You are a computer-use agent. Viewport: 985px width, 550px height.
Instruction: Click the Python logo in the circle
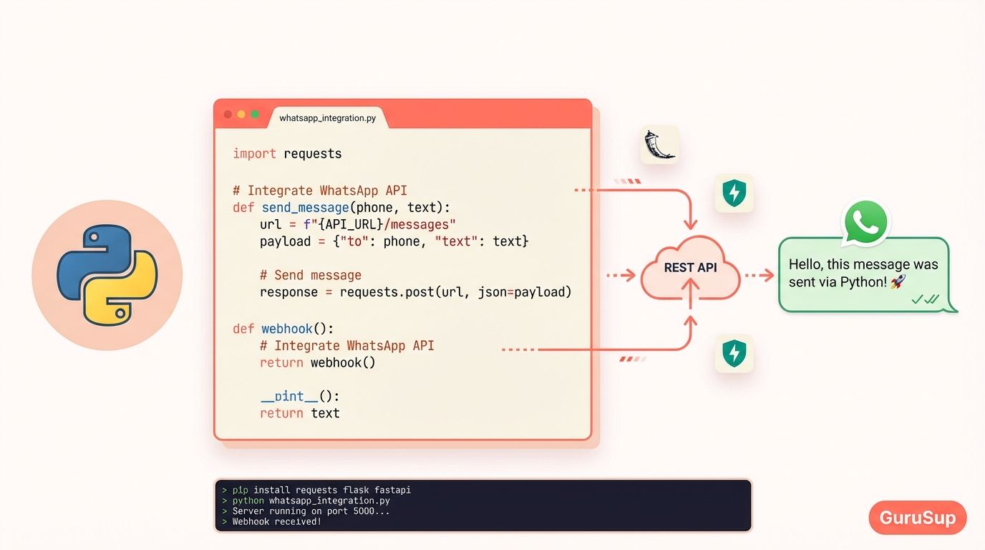pos(107,275)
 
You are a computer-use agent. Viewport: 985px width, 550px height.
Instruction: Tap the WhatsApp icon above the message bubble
pos(865,223)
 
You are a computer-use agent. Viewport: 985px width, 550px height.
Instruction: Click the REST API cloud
pos(690,271)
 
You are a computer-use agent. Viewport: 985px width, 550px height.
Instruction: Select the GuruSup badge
pos(917,518)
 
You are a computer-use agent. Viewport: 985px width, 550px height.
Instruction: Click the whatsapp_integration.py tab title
pos(327,118)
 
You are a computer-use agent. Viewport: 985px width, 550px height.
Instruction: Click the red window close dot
pos(228,115)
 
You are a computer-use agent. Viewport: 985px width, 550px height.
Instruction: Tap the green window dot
pos(255,115)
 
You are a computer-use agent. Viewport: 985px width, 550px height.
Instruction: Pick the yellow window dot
pos(241,115)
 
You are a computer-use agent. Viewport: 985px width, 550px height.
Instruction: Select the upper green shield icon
pos(734,193)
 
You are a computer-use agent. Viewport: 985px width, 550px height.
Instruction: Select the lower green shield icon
pos(734,353)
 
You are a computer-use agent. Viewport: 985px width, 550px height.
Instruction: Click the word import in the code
pos(254,153)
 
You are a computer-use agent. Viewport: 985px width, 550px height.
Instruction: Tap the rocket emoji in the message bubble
pos(898,282)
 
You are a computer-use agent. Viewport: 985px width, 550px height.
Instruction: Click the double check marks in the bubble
pos(925,300)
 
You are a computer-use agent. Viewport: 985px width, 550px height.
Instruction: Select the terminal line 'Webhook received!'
pos(276,521)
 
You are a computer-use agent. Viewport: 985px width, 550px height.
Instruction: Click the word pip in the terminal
pos(240,490)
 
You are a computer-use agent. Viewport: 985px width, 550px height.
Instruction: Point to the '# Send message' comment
pos(310,275)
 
